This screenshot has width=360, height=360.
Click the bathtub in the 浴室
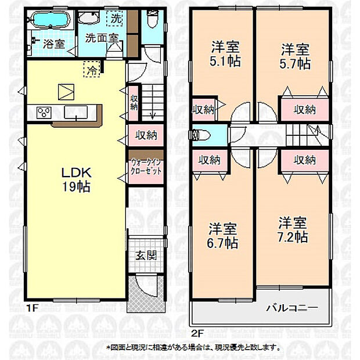48,21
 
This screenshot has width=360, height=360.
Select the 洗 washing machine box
117,19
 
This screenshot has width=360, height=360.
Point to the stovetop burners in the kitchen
45,113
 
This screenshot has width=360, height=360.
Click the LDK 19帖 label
75,180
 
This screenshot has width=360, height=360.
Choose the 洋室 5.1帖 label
224,53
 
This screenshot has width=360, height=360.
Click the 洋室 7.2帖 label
292,228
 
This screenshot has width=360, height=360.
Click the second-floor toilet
200,135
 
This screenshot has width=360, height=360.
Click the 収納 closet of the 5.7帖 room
304,109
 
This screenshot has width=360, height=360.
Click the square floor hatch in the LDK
64,92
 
